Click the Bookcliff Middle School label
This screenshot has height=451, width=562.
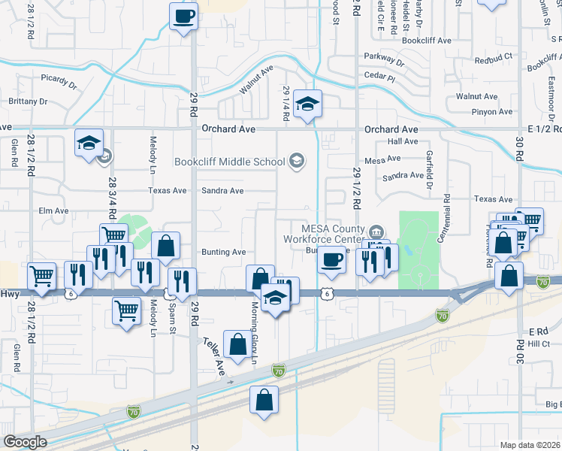click(229, 161)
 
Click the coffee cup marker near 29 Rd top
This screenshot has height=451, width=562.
click(184, 17)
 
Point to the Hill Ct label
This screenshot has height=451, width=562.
click(539, 344)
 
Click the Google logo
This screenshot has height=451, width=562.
click(25, 442)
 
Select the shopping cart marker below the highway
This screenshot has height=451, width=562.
click(126, 310)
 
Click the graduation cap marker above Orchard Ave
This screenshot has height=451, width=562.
click(307, 104)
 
